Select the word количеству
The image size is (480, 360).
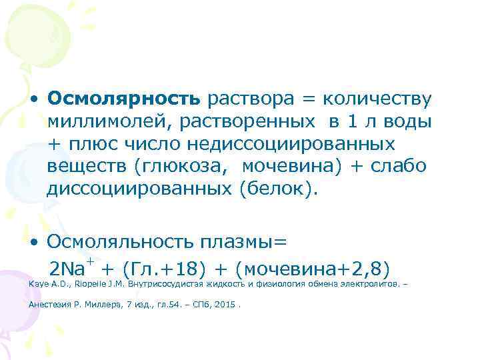tap(377, 99)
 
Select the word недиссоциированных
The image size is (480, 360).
tap(291, 144)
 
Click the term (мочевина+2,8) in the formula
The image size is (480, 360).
tap(313, 269)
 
